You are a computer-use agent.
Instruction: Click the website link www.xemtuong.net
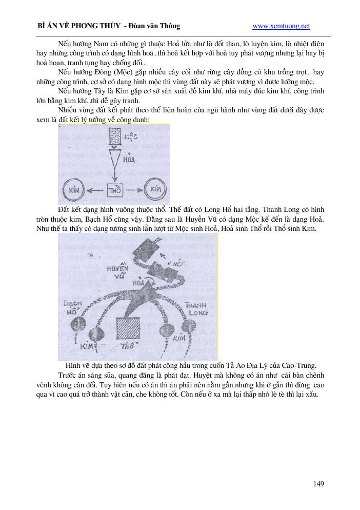pos(282,26)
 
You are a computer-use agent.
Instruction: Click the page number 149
pos(318,483)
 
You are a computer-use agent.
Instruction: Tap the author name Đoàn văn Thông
pos(156,26)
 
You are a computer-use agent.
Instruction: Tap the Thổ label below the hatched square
pos(126,347)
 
